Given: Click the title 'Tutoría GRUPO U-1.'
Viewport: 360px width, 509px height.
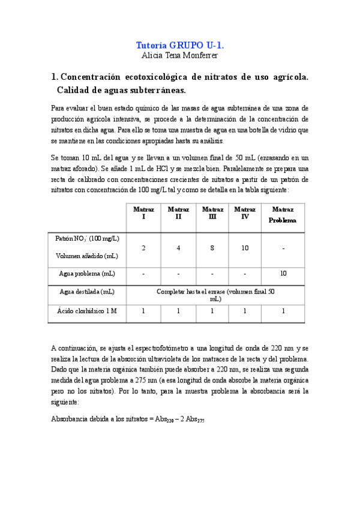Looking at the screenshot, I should click(180, 45).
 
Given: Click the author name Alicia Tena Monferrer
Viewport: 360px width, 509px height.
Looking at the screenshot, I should click(180, 56).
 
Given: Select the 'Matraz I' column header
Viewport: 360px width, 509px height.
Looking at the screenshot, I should click(143, 213).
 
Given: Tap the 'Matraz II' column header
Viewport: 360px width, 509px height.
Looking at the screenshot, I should click(178, 213).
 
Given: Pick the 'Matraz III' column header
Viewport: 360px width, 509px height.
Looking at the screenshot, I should click(212, 213).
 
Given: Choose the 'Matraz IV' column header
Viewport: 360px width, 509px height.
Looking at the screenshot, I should click(245, 213).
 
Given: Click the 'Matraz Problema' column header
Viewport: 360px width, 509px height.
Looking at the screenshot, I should click(283, 215).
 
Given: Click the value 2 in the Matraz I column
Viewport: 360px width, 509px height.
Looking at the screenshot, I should click(143, 247).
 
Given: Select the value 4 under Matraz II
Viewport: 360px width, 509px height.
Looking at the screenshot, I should click(178, 247).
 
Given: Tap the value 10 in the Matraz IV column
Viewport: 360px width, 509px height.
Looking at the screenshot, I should click(245, 247).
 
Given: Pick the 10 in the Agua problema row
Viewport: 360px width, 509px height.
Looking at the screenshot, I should click(283, 274).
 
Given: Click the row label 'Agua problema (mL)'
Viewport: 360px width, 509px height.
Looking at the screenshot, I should click(87, 274).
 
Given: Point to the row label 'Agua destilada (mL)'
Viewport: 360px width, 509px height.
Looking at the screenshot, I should click(87, 292).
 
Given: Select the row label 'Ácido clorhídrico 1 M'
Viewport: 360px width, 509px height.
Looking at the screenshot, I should click(87, 311).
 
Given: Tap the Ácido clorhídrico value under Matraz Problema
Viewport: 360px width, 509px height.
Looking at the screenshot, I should click(283, 311).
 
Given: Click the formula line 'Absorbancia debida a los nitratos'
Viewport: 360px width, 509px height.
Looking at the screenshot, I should click(128, 420).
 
